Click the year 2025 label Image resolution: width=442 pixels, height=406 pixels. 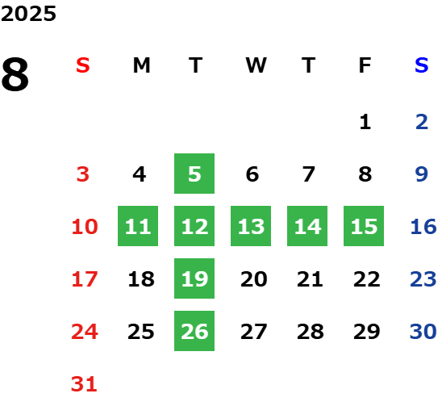tap(28, 14)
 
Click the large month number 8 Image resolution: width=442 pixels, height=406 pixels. tap(15, 74)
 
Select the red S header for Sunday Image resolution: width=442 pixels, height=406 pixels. tap(83, 65)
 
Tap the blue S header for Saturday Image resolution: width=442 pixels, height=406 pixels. tap(421, 65)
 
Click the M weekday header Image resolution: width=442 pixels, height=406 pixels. tap(141, 65)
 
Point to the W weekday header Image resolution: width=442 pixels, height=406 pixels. tap(256, 65)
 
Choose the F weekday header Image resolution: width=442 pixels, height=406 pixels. tap(365, 65)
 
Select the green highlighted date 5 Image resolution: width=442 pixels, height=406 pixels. tap(194, 174)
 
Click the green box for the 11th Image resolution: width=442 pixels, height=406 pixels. tap(138, 226)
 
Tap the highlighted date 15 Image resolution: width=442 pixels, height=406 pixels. tap(364, 226)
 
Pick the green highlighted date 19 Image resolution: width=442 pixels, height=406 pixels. tap(194, 278)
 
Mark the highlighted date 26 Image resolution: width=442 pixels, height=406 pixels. tap(194, 331)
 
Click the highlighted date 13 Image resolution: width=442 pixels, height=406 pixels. tap(251, 226)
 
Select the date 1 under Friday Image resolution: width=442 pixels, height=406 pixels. tap(365, 122)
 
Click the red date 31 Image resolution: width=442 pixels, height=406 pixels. tap(84, 384)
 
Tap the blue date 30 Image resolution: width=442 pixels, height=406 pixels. tap(423, 331)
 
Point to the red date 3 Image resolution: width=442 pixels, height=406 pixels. tap(83, 174)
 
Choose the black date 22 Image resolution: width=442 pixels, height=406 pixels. tap(367, 279)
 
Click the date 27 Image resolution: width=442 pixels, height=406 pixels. tap(253, 332)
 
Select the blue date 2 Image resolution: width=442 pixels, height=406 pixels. tap(422, 122)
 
